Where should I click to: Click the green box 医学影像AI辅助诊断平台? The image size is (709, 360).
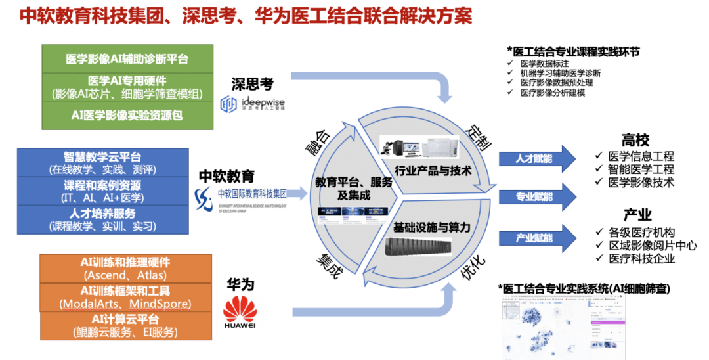127,59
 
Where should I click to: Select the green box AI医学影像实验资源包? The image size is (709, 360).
127,114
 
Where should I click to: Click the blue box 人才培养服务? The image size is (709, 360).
102,219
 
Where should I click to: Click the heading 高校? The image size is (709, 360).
635,141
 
